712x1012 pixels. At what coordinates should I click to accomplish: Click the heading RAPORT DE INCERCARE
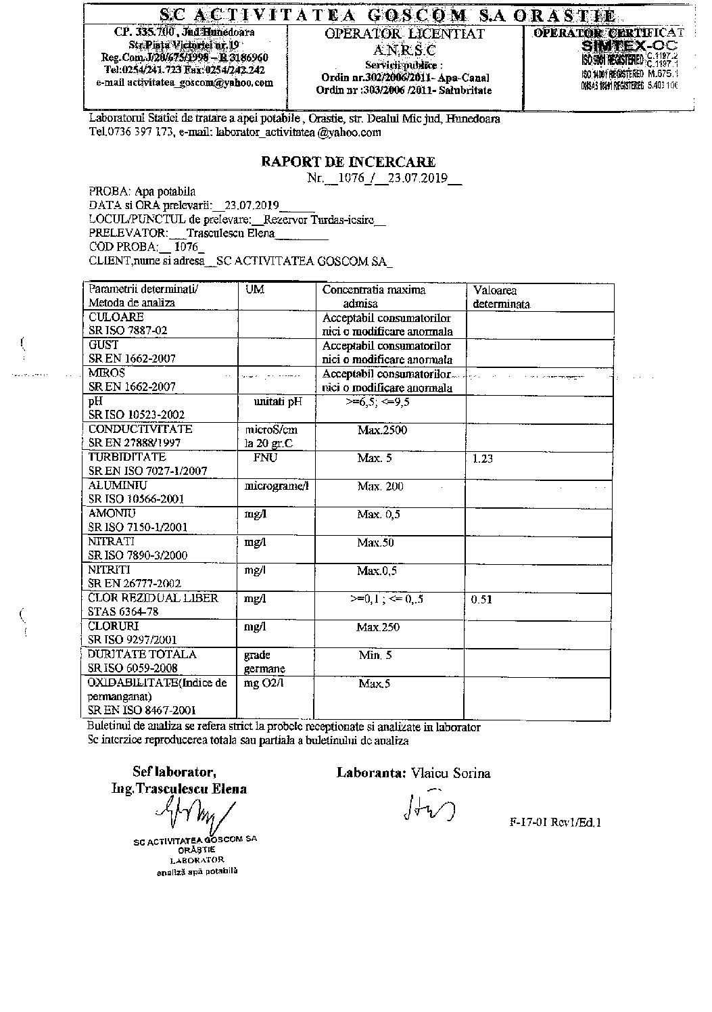[x=348, y=162]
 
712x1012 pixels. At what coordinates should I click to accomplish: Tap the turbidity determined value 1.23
[x=483, y=459]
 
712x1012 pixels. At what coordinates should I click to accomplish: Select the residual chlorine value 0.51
[x=481, y=599]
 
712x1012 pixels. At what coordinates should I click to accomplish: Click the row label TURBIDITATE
[x=118, y=457]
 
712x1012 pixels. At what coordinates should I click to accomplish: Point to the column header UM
[x=255, y=290]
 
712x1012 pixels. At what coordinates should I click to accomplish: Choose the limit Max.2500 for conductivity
[x=382, y=430]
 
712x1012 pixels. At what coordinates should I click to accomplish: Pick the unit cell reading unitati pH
[x=277, y=402]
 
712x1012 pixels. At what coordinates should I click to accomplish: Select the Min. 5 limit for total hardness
[x=375, y=655]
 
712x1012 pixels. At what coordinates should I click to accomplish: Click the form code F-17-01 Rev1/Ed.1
[x=555, y=823]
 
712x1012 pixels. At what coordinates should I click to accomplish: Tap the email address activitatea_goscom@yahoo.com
[x=185, y=83]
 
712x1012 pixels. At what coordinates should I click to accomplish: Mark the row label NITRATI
[x=112, y=542]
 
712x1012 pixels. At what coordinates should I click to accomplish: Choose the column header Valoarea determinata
[x=501, y=297]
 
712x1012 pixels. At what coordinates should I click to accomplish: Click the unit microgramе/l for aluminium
[x=277, y=486]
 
